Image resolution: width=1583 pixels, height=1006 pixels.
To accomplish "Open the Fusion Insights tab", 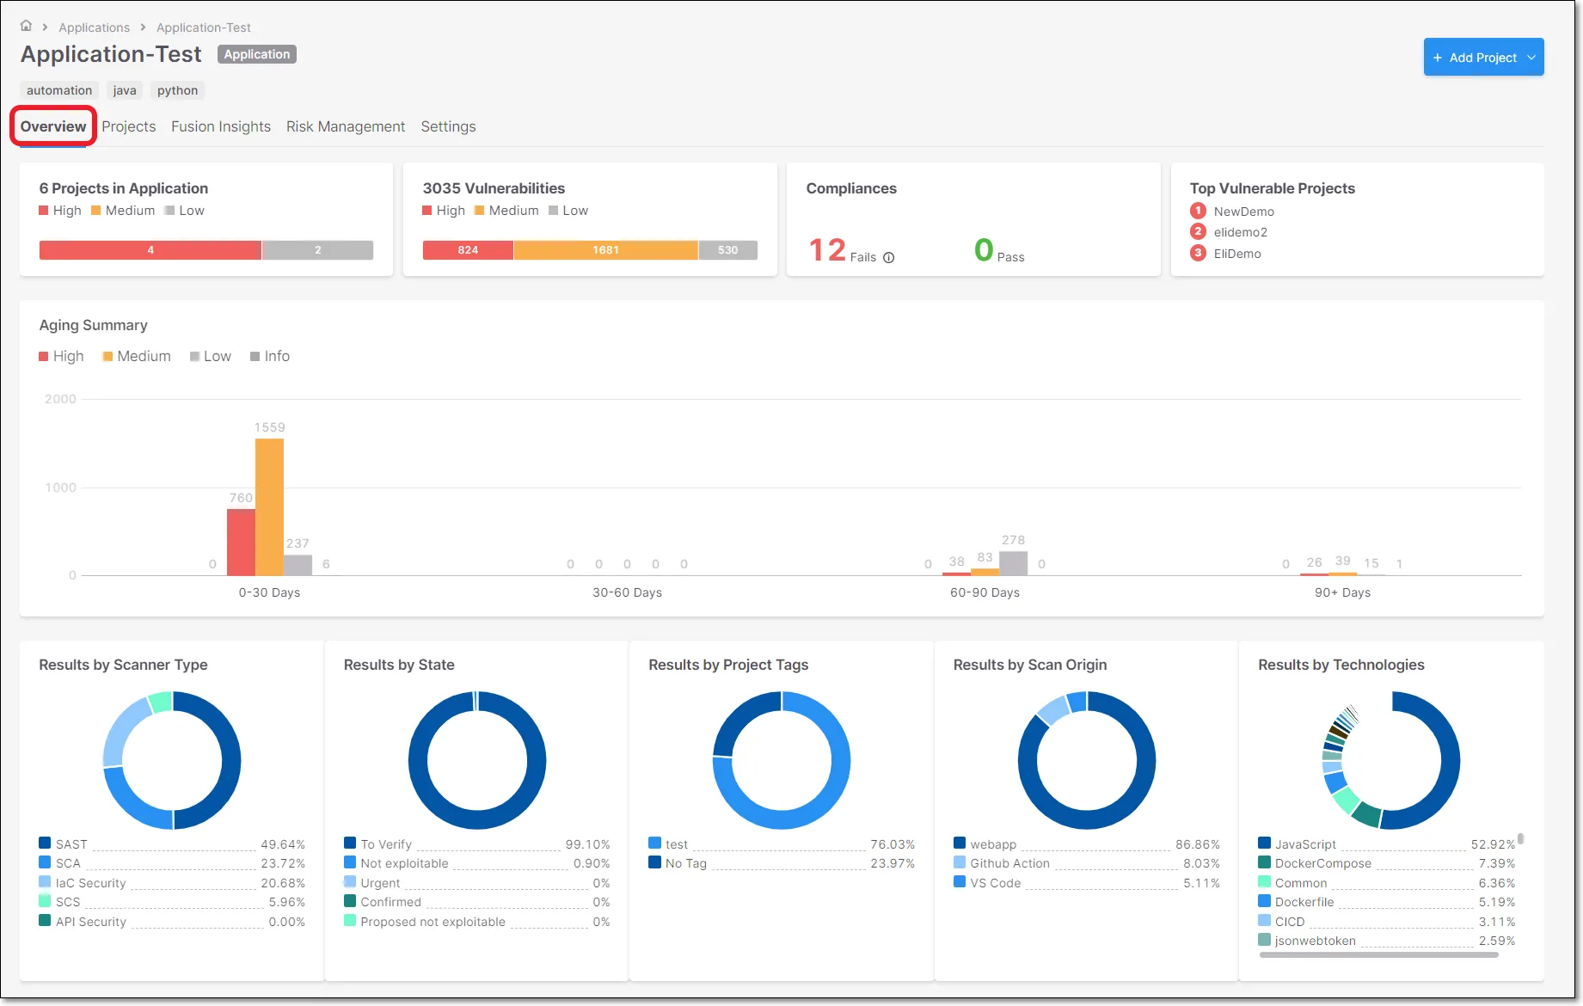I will pos(221,126).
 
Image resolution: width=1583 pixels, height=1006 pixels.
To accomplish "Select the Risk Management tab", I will pos(345,126).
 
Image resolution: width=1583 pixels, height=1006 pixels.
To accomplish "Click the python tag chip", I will pos(177,90).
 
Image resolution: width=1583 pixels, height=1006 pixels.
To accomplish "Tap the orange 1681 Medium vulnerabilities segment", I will pos(605,250).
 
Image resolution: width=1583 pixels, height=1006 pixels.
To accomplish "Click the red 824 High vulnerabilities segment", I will pos(468,250).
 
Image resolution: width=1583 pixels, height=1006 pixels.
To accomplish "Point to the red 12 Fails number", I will pos(827,250).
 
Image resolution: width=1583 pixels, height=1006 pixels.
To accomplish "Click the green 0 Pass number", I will pos(984,250).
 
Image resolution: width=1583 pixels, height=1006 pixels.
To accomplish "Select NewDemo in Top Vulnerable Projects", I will pos(1243,212).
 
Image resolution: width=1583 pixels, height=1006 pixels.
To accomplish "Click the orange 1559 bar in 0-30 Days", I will pos(269,507).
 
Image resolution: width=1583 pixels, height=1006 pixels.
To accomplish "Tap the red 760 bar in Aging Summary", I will pos(241,542).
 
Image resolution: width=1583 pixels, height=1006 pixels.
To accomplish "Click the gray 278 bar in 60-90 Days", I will pos(1013,563).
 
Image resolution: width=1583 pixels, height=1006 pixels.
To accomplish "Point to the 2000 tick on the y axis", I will pos(60,399).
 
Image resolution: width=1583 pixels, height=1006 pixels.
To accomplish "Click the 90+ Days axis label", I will pos(1342,592).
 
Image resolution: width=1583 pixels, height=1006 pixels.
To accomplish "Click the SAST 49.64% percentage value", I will pos(283,844).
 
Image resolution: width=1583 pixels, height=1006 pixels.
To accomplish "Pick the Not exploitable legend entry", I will pos(404,863).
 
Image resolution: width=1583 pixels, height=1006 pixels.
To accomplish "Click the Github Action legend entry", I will pos(1009,863).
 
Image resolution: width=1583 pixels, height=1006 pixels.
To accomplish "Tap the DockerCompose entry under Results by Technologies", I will pos(1322,863).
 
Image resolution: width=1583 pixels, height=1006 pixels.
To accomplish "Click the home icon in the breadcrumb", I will pos(26,26).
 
